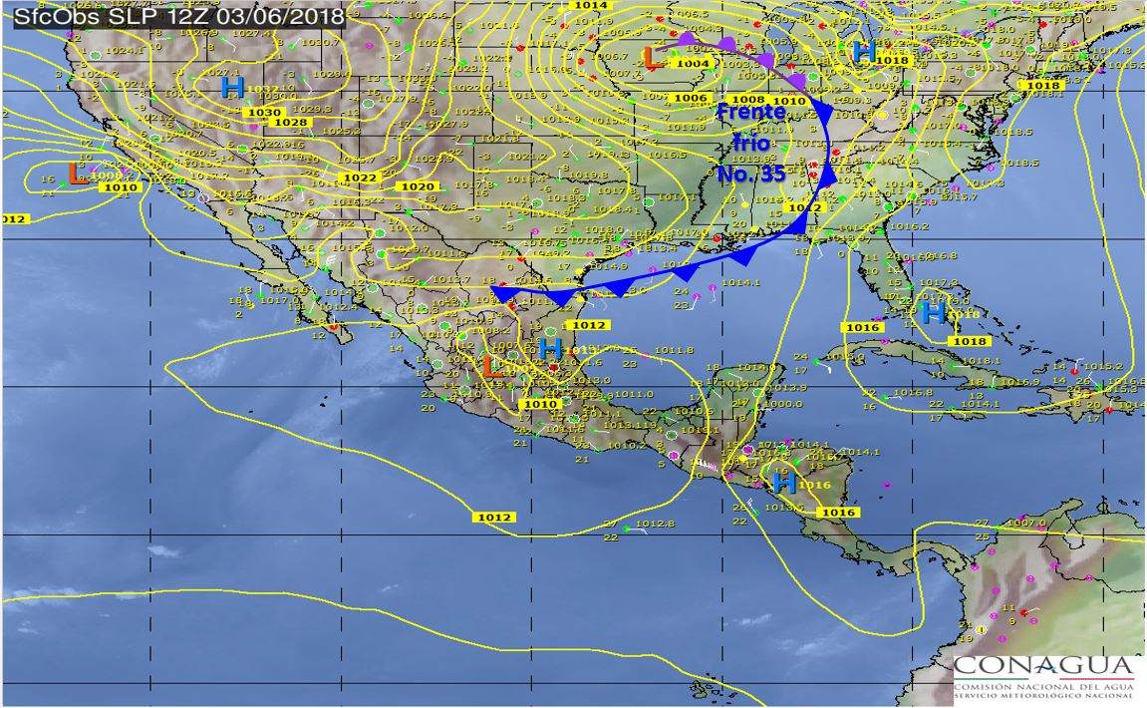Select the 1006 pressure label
[690, 98]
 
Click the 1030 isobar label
[264, 113]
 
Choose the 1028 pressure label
[290, 122]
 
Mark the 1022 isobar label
[359, 177]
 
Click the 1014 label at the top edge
[591, 5]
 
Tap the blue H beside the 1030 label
[232, 88]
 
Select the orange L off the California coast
[76, 174]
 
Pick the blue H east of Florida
[934, 313]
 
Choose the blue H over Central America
[784, 484]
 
